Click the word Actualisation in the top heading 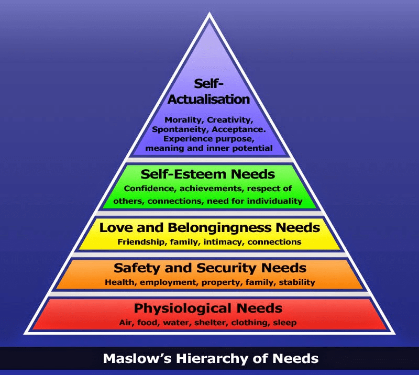[209, 98]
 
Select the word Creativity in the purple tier [230, 119]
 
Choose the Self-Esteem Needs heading [208, 174]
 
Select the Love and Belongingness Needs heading [210, 228]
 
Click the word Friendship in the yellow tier [139, 241]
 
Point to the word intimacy [225, 241]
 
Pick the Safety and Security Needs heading [210, 268]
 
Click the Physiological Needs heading [208, 308]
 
